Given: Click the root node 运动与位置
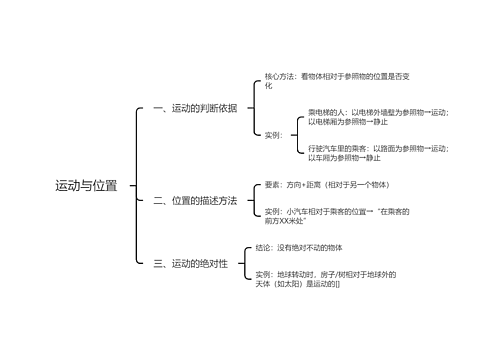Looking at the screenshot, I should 86,186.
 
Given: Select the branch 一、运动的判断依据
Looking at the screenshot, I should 195,108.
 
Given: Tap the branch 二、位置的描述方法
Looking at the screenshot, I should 195,201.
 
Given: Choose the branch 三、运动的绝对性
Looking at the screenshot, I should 190,264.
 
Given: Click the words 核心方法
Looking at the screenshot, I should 280,76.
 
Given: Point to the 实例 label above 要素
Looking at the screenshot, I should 272,134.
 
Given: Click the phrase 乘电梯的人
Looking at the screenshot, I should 326,112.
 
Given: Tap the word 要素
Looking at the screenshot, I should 272,185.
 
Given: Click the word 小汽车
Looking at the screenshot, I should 298,212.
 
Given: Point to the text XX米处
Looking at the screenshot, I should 290,221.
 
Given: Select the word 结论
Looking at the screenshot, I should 263,246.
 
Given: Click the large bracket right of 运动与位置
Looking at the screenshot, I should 137,186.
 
